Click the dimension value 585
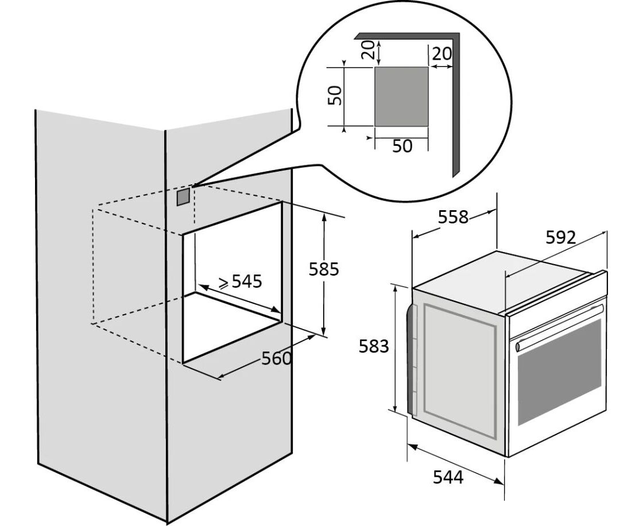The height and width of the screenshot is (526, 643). click(324, 269)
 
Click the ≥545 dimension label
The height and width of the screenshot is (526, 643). click(240, 281)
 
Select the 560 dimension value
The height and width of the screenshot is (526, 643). click(277, 359)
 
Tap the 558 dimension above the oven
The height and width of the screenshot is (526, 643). click(453, 217)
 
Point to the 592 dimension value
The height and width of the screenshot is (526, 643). click(560, 238)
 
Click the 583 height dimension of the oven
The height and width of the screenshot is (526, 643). click(374, 346)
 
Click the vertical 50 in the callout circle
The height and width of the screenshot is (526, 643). click(338, 95)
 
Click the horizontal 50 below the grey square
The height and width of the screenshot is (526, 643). click(402, 146)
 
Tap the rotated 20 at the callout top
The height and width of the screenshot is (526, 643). click(371, 50)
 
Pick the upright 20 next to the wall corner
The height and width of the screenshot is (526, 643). click(441, 54)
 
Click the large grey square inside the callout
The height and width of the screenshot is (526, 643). click(401, 96)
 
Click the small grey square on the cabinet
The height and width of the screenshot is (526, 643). click(183, 197)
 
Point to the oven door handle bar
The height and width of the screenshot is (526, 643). click(560, 327)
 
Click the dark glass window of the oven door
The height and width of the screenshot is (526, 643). click(560, 373)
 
